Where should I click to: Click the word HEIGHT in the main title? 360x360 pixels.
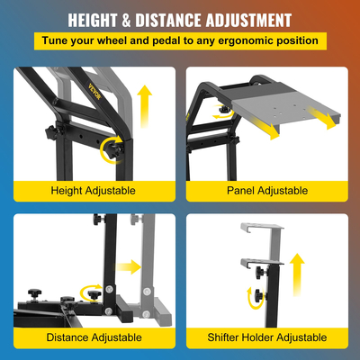point(93,21)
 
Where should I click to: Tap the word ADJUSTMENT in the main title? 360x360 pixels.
point(248,21)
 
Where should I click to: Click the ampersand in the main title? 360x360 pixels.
point(126,21)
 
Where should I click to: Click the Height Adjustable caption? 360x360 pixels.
point(93,191)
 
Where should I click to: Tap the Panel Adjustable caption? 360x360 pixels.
point(267,191)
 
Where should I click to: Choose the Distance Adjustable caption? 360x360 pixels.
point(94,337)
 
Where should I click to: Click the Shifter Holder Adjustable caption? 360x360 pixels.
point(267,337)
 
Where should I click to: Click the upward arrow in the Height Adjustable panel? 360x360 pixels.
point(145,106)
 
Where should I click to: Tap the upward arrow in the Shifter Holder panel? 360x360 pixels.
point(297,274)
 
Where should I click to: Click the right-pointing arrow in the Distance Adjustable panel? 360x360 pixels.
point(129,266)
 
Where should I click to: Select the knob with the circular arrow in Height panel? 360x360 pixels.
point(116,148)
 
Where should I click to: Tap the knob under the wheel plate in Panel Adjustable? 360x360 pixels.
point(224,110)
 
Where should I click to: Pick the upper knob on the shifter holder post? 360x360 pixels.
point(261,273)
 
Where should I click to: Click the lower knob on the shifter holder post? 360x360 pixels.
point(260,296)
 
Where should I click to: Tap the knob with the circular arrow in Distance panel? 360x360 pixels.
point(94,295)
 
